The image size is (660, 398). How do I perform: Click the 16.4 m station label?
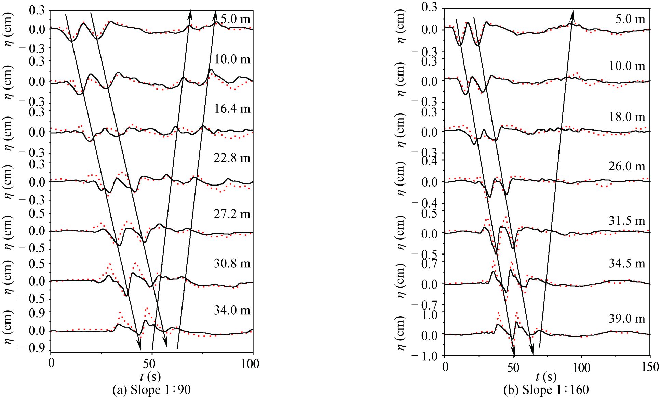pos(232,109)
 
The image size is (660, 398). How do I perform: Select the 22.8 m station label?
pos(232,158)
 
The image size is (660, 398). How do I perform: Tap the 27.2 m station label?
pos(232,214)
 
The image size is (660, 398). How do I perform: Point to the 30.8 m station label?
pos(232,264)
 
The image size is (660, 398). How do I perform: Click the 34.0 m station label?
pos(232,310)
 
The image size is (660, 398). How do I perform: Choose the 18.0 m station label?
pos(627,117)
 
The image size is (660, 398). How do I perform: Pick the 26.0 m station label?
pos(627,166)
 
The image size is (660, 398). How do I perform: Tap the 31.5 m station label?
pos(627,221)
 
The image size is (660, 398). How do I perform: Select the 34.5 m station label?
pos(627,264)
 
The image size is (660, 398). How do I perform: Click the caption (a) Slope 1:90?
pos(151,390)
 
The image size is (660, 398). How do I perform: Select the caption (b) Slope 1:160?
pos(546,390)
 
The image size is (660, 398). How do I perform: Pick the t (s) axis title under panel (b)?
pos(546,377)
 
